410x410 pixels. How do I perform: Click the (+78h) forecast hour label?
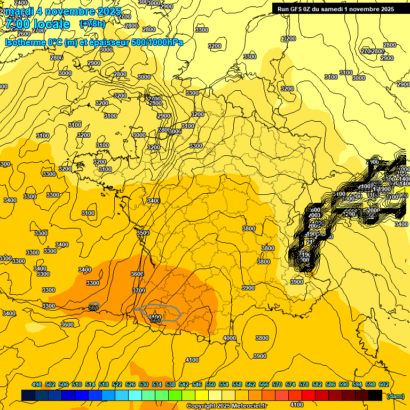click(x=92, y=23)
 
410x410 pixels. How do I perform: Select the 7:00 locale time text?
click(x=37, y=24)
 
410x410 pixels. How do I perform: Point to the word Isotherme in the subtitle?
click(x=25, y=42)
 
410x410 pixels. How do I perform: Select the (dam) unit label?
click(x=396, y=396)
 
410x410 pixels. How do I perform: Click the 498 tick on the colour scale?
click(x=37, y=385)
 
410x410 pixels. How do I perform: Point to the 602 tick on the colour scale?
click(x=384, y=385)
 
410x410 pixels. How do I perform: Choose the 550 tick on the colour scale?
click(x=210, y=385)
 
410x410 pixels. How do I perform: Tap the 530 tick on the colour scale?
click(x=144, y=385)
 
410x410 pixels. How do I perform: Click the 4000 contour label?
click(x=230, y=338)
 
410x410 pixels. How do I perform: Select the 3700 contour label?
click(x=138, y=290)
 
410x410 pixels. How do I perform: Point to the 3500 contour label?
click(x=143, y=233)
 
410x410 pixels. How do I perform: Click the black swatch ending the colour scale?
click(x=375, y=396)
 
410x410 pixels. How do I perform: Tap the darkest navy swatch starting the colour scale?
click(x=28, y=396)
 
